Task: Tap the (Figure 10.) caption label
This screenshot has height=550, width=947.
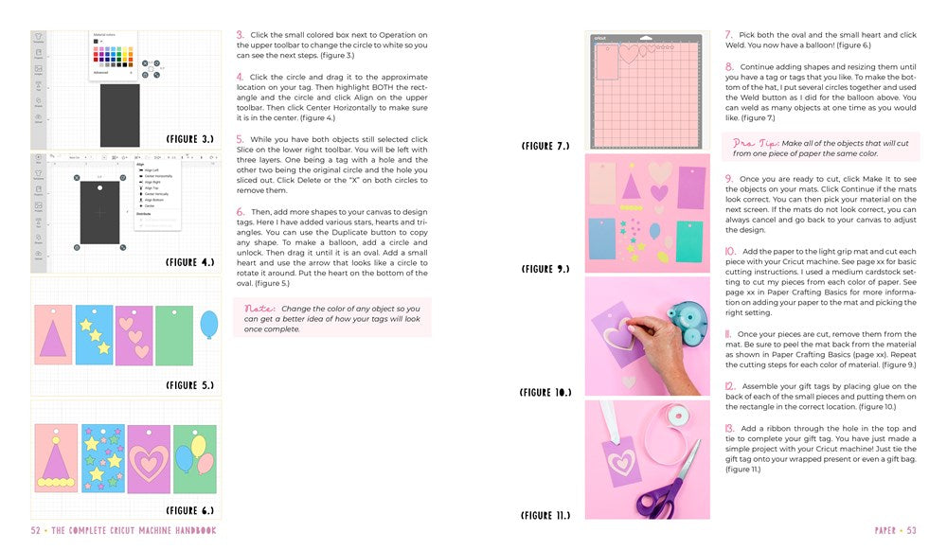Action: point(546,392)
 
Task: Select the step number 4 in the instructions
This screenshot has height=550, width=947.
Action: point(241,77)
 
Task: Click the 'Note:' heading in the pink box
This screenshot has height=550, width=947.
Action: point(259,309)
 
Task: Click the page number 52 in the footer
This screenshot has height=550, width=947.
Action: point(36,531)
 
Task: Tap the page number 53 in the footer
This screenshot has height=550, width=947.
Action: point(911,531)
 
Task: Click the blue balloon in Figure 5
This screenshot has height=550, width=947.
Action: point(208,325)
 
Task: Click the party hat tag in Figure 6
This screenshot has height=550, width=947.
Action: point(56,458)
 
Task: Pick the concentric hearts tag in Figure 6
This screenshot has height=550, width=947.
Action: point(149,459)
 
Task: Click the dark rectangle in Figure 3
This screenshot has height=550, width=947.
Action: point(119,115)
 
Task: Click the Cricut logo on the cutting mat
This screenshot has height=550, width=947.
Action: point(599,39)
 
